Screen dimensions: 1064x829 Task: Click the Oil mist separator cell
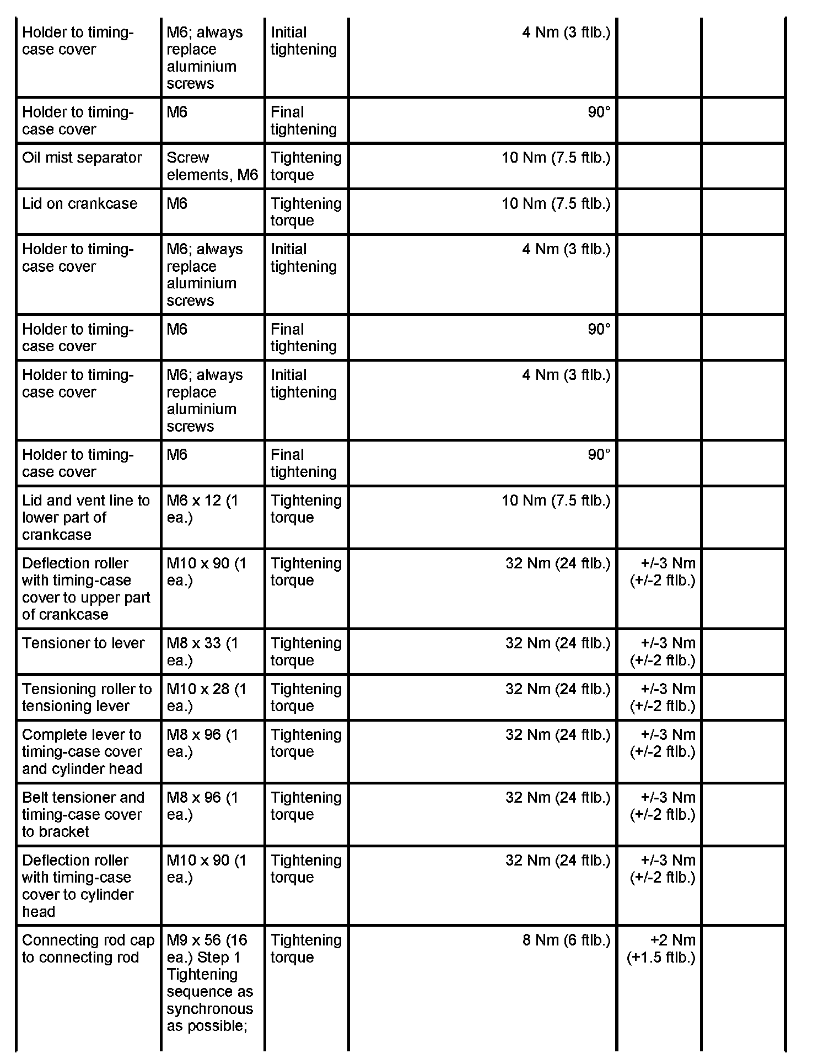(82, 158)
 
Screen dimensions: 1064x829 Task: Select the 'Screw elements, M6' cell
(212, 166)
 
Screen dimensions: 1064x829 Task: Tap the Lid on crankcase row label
(80, 204)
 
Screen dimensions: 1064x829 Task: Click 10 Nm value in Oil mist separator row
(556, 158)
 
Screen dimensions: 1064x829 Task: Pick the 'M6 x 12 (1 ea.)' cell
(202, 509)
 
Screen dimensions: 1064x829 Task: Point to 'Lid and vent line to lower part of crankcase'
(86, 517)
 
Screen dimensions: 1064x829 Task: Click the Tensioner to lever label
(83, 643)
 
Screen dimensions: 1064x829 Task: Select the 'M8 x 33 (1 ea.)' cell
(202, 652)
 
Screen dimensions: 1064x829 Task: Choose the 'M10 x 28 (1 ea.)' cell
(206, 697)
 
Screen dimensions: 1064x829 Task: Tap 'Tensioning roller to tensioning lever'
(87, 697)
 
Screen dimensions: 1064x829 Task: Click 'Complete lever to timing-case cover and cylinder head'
(82, 751)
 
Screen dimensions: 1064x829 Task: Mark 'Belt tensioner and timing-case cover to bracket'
(83, 814)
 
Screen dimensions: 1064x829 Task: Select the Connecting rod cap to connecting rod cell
(88, 949)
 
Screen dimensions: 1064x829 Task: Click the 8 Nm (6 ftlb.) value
(566, 941)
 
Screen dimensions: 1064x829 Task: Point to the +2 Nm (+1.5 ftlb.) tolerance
(661, 949)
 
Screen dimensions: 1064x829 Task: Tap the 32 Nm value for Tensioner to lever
(558, 643)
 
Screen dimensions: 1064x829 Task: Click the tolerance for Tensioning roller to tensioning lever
(663, 697)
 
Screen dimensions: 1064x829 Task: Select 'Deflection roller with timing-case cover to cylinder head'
(78, 886)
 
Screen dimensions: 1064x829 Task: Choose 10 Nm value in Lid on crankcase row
(556, 204)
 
